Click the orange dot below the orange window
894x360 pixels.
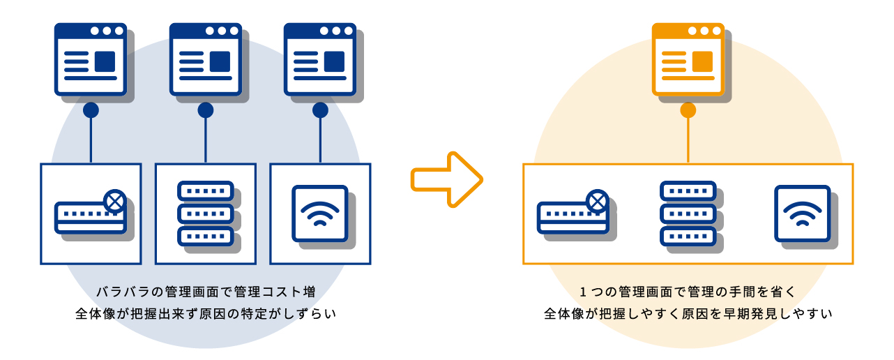click(x=688, y=110)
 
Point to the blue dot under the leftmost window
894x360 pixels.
click(x=91, y=110)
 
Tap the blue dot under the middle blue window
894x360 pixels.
click(x=205, y=110)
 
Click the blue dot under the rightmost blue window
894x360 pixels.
click(x=320, y=110)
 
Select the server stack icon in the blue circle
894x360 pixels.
click(x=205, y=213)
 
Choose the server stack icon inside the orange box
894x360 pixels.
click(x=688, y=213)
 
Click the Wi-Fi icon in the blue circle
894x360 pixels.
click(x=320, y=213)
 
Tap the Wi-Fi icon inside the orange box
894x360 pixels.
click(x=803, y=213)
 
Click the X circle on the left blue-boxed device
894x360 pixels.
click(x=115, y=202)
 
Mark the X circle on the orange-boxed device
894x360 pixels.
click(x=597, y=202)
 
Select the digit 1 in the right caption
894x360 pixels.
click(x=583, y=291)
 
